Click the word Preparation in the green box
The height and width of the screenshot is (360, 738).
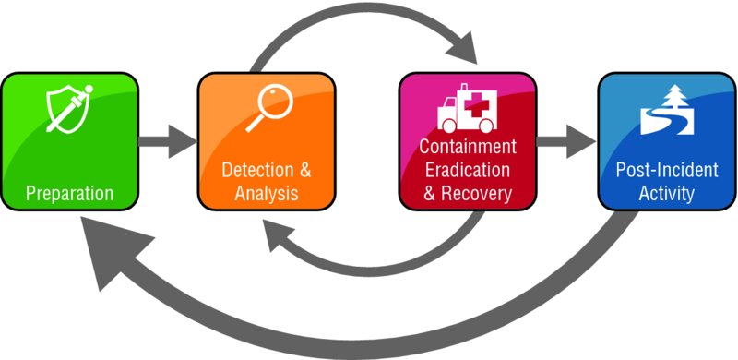(x=70, y=194)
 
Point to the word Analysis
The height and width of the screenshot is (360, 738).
(x=267, y=194)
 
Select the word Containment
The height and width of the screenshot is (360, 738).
(x=468, y=148)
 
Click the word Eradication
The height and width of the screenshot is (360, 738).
(x=467, y=171)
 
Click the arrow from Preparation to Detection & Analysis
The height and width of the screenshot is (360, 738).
(x=168, y=143)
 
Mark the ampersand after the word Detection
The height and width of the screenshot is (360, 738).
(x=304, y=171)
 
